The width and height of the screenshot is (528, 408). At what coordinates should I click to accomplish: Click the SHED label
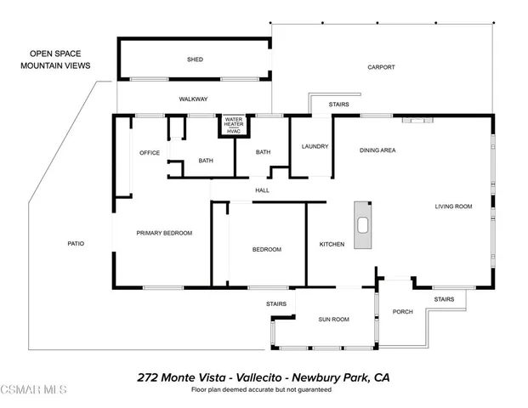pyautogui.click(x=195, y=59)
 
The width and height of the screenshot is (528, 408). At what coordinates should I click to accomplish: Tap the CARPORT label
pyautogui.click(x=381, y=67)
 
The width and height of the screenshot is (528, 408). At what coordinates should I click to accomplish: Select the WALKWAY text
pyautogui.click(x=193, y=99)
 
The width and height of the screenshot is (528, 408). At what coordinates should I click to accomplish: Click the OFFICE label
pyautogui.click(x=150, y=153)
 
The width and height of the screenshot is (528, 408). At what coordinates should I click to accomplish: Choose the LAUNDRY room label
pyautogui.click(x=315, y=146)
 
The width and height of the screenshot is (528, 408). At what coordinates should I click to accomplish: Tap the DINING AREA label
pyautogui.click(x=378, y=150)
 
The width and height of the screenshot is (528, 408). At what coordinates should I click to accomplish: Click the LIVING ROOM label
pyautogui.click(x=453, y=206)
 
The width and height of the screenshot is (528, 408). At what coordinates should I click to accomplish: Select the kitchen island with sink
pyautogui.click(x=363, y=225)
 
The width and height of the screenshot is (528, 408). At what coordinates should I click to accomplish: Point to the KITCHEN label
pyautogui.click(x=332, y=245)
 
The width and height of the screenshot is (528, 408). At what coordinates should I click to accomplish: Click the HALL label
pyautogui.click(x=262, y=190)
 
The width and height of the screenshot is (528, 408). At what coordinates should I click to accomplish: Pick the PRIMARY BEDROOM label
pyautogui.click(x=164, y=233)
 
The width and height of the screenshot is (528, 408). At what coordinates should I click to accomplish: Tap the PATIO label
pyautogui.click(x=76, y=243)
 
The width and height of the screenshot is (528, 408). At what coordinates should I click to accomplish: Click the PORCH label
pyautogui.click(x=402, y=312)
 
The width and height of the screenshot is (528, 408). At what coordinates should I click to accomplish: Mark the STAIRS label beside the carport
pyautogui.click(x=338, y=105)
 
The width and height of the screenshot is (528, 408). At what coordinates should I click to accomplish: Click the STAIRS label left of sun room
pyautogui.click(x=275, y=303)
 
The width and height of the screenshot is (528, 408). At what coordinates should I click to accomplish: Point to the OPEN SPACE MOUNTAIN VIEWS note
pyautogui.click(x=59, y=59)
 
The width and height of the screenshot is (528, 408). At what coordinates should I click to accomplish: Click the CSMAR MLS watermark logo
pyautogui.click(x=34, y=390)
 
